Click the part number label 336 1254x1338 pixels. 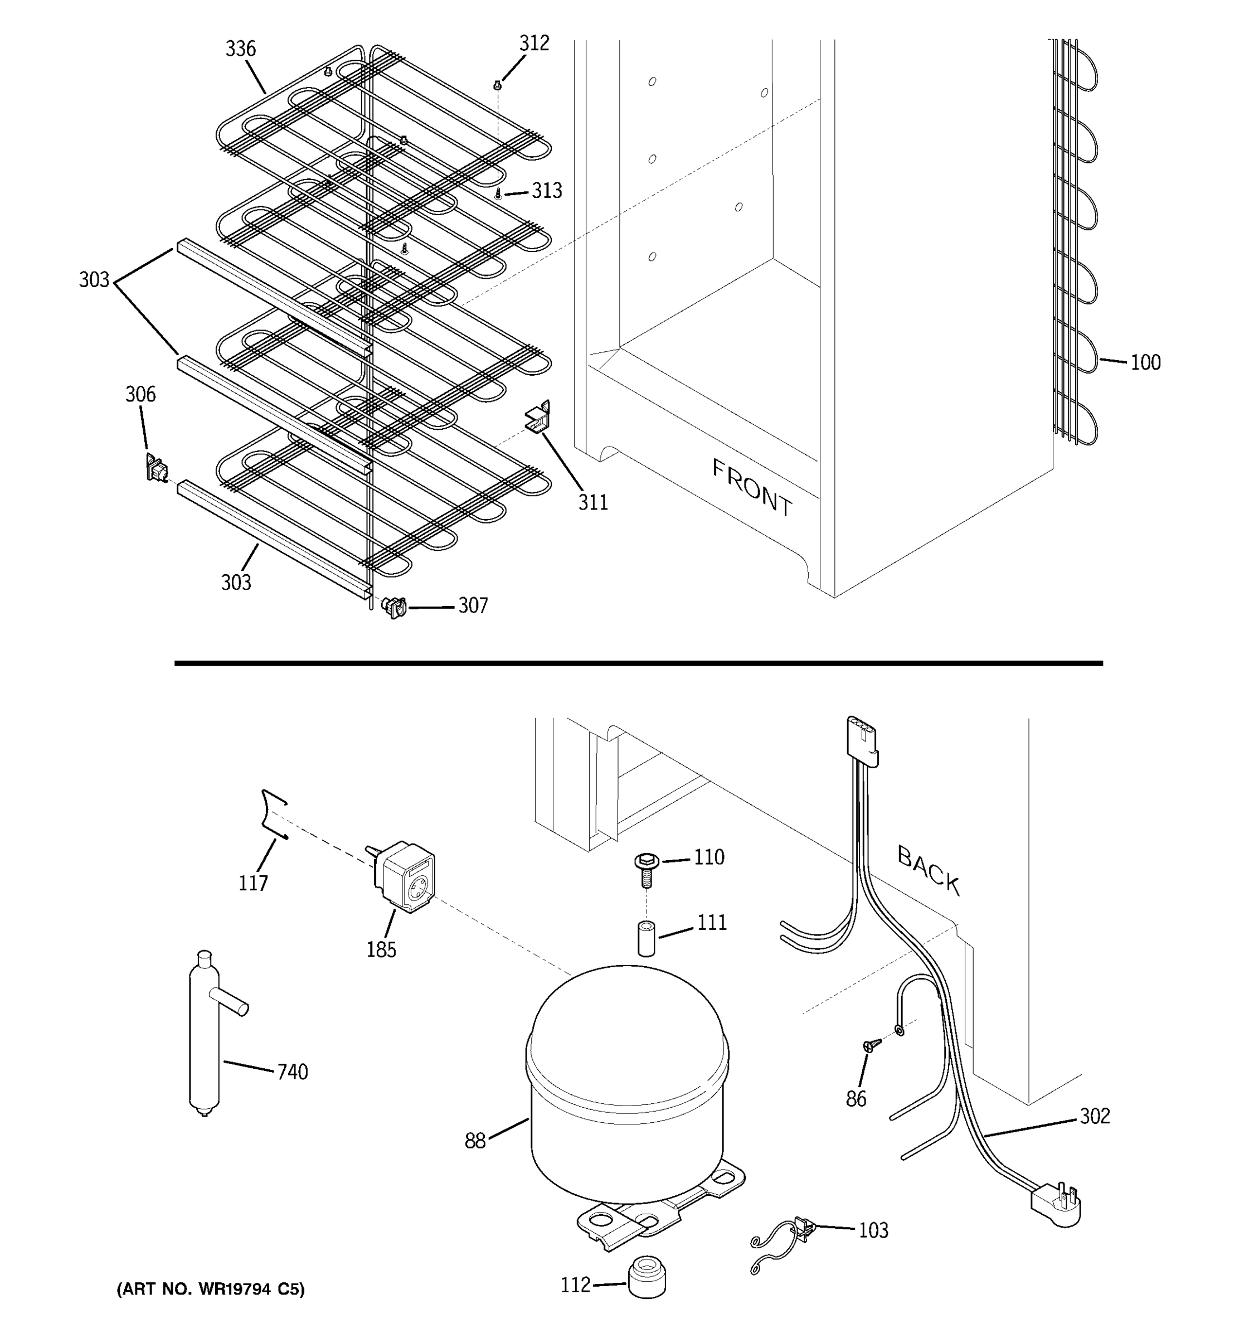pos(240,49)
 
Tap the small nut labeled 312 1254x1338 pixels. pos(498,85)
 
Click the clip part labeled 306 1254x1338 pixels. pos(156,467)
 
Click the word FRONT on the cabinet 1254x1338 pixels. pos(752,488)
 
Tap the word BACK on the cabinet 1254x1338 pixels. pos(929,870)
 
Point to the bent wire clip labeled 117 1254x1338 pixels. pos(273,815)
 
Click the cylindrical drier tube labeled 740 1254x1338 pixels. pos(205,1036)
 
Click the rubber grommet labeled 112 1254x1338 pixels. pos(647,1276)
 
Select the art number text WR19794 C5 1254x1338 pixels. pos(210,1289)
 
